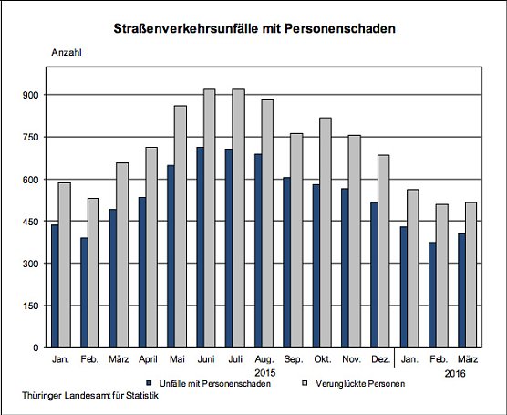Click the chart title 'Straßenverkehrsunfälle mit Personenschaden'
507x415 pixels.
point(254,29)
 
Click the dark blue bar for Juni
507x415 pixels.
point(200,246)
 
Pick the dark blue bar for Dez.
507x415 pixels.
point(372,275)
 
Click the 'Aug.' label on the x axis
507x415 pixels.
point(263,361)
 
